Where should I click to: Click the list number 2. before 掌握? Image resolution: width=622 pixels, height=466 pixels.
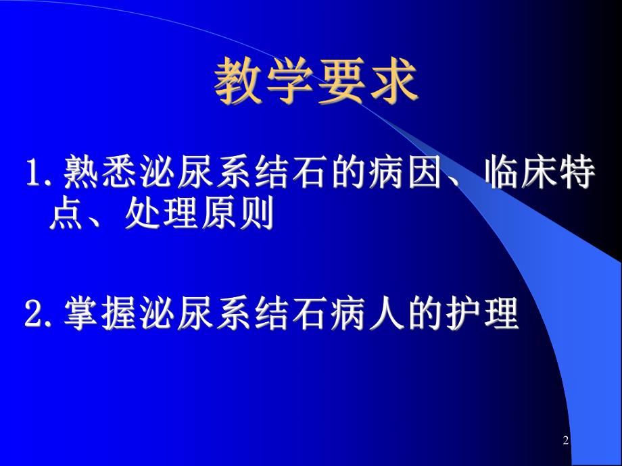(x=42, y=315)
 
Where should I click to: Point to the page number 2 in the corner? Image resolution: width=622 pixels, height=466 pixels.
(x=566, y=441)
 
